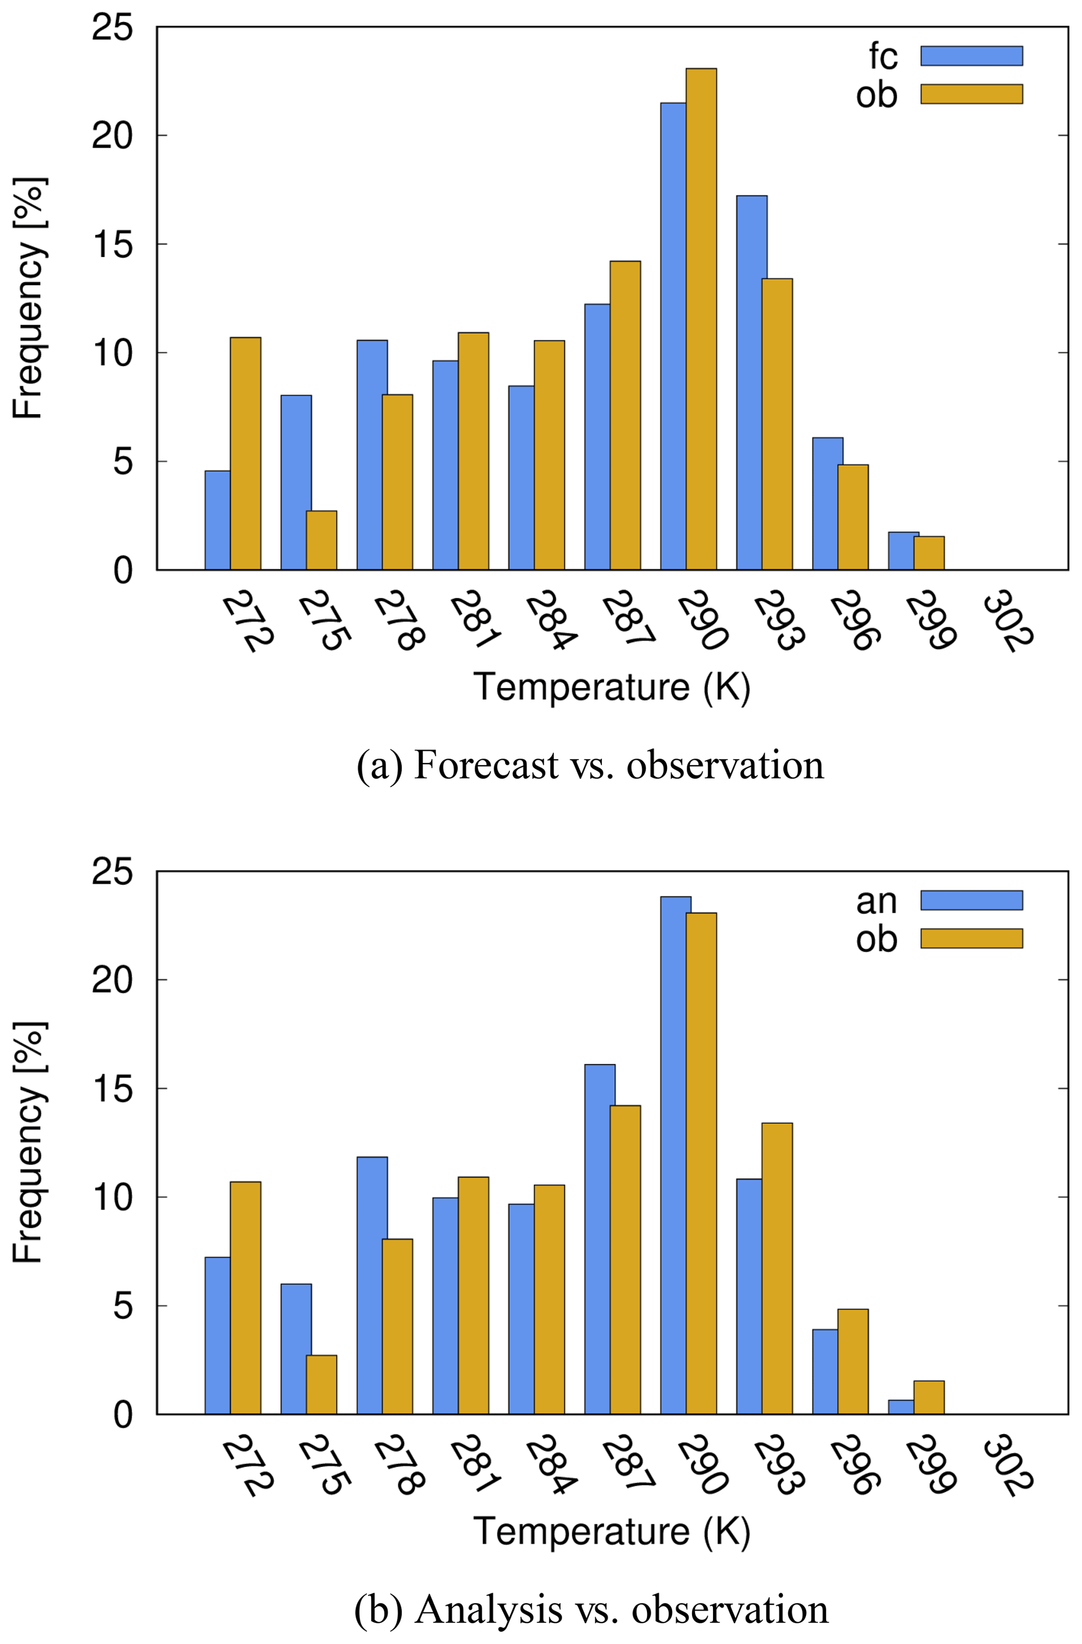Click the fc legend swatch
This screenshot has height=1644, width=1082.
971,56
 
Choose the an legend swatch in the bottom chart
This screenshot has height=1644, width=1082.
971,900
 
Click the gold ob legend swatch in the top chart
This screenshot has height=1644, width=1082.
971,94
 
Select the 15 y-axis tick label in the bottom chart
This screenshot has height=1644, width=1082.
112,1088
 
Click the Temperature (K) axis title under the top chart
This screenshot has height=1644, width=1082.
612,687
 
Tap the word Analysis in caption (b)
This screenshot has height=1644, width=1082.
489,1609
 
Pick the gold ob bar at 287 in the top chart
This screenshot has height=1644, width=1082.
625,415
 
